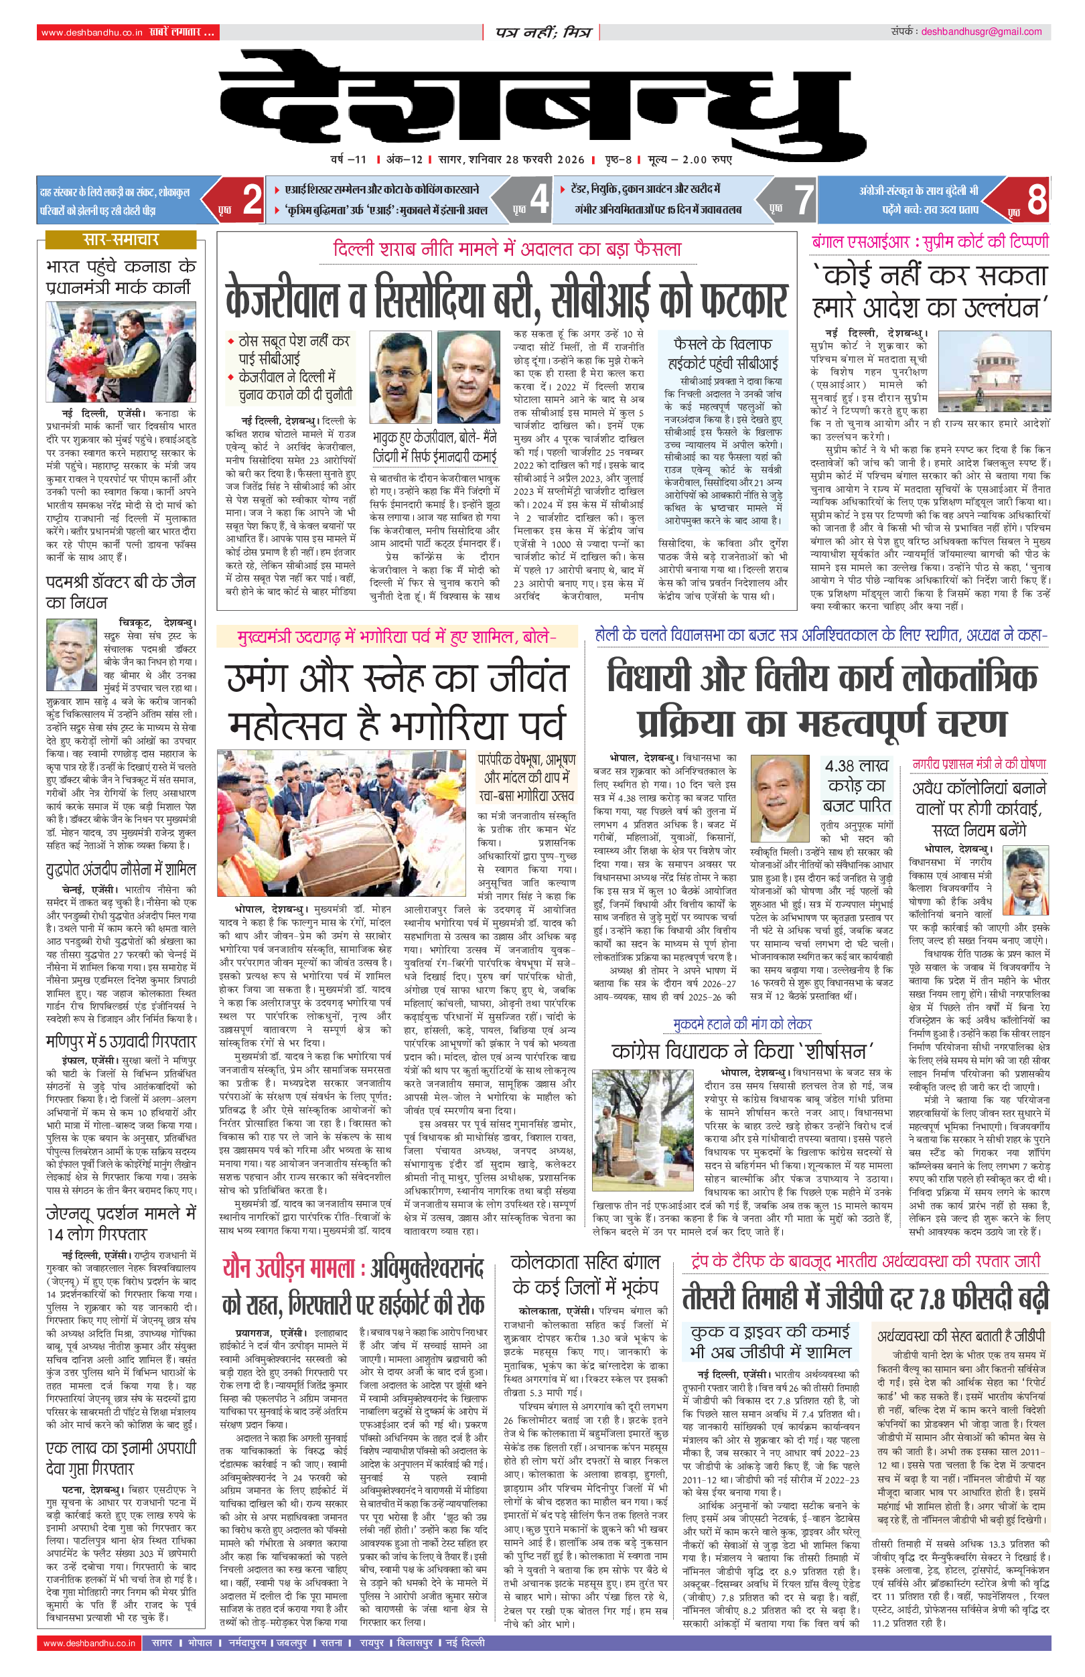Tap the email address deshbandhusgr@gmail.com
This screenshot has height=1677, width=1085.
click(x=981, y=31)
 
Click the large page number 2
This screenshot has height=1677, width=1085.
click(x=252, y=200)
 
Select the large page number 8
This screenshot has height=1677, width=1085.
click(x=1036, y=200)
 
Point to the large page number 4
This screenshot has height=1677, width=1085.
click(x=539, y=200)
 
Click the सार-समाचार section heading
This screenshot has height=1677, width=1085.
click(x=121, y=240)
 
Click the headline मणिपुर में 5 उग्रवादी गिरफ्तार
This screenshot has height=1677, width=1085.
click(x=121, y=1041)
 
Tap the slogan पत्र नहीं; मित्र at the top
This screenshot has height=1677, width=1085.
click(x=542, y=32)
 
